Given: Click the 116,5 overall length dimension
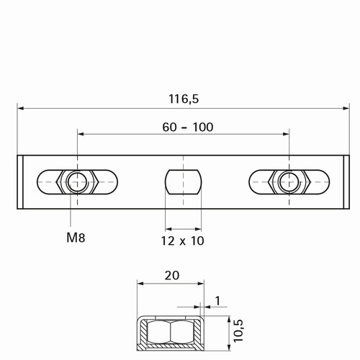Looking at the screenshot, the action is (184, 99).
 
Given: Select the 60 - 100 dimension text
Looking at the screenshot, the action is (188, 127).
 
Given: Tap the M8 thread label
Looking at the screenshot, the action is (76, 238).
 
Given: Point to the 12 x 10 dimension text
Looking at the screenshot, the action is (182, 240).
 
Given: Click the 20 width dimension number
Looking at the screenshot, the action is (172, 276).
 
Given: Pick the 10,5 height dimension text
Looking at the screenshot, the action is (238, 330).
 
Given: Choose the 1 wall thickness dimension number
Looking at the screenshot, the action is (217, 301).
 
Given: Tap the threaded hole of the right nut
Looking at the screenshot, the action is (289, 182).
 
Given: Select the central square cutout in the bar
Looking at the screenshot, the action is (183, 182).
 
